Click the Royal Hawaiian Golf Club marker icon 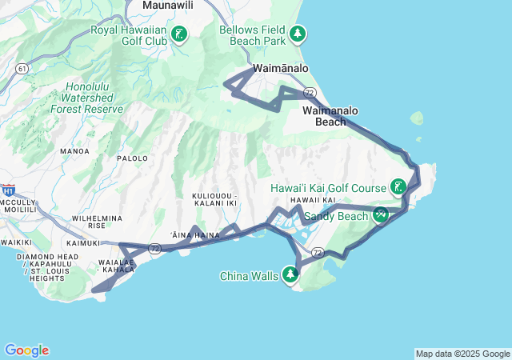point(179,34)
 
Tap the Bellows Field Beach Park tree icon point(298,34)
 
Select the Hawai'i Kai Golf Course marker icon point(398,188)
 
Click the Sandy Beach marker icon point(381,215)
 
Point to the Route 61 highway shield point(21,70)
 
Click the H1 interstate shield point(9,190)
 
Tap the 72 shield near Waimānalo point(309,93)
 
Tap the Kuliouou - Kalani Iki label point(215,199)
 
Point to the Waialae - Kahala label point(114,266)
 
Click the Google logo point(26,350)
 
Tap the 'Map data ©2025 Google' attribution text point(462,354)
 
